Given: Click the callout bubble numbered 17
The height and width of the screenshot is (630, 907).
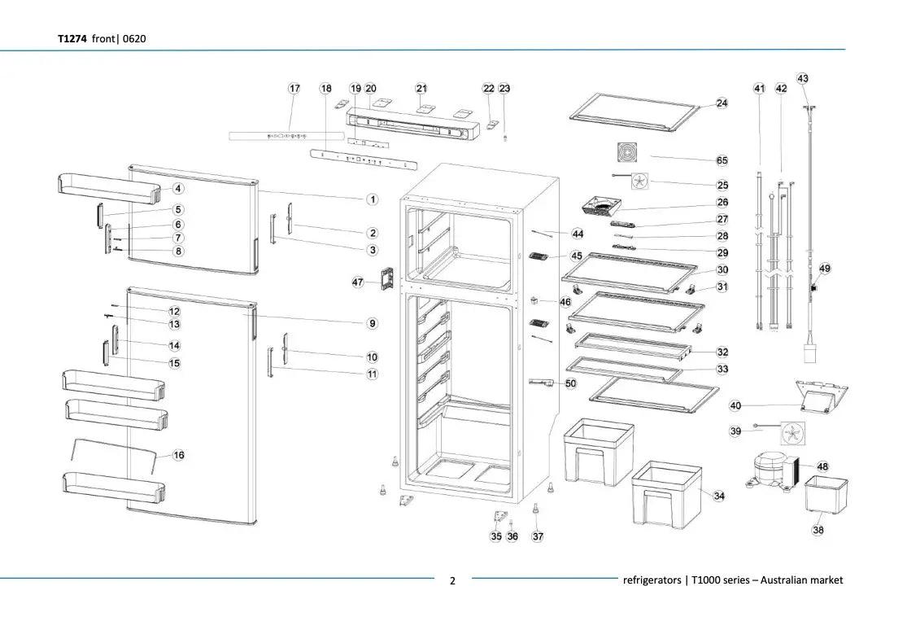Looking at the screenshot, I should tap(294, 88).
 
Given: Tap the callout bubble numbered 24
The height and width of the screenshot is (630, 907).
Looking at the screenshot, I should tap(722, 103).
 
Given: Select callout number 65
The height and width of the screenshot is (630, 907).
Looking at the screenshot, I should tap(722, 161).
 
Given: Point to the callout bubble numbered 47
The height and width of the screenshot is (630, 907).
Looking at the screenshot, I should tap(358, 282).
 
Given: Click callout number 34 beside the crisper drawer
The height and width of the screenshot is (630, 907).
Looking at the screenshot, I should tap(719, 496).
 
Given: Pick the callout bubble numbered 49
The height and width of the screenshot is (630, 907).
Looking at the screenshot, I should tap(825, 269).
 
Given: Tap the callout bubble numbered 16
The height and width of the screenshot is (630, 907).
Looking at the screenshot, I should tap(178, 455).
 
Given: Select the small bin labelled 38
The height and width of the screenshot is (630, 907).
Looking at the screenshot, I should tap(826, 493).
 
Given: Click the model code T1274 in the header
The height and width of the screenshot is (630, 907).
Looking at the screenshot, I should tap(72, 38).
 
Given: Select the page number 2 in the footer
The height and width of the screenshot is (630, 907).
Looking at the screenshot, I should tap(453, 580).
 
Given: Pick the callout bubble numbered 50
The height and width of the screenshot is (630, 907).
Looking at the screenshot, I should tap(570, 383).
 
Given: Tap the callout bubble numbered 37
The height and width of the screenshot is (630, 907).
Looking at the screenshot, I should tap(538, 536).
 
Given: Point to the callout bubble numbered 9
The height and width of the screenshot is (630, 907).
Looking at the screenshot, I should tap(372, 323).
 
